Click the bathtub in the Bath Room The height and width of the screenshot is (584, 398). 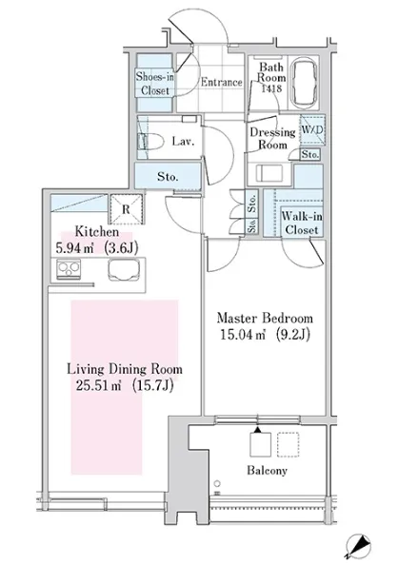(305, 83)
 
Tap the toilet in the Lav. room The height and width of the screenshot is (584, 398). (151, 142)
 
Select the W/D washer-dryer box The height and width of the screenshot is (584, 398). (312, 129)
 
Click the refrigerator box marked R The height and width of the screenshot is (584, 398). (126, 209)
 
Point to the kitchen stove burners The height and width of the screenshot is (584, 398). (69, 268)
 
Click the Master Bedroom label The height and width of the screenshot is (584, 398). (265, 319)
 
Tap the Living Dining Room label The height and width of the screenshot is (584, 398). (125, 369)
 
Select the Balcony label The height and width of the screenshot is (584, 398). (267, 471)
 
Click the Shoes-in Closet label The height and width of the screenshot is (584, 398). (155, 84)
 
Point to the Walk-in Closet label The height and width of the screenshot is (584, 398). (302, 223)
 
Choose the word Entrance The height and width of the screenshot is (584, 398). (222, 83)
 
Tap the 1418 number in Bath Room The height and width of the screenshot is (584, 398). (271, 88)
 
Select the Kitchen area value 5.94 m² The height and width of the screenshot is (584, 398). (75, 247)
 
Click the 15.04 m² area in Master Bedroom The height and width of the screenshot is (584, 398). (243, 335)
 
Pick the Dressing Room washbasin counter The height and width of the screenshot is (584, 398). (269, 174)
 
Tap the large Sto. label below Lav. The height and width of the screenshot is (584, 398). (168, 176)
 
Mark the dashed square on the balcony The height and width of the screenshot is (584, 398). (288, 445)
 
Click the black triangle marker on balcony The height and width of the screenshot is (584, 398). (257, 430)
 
